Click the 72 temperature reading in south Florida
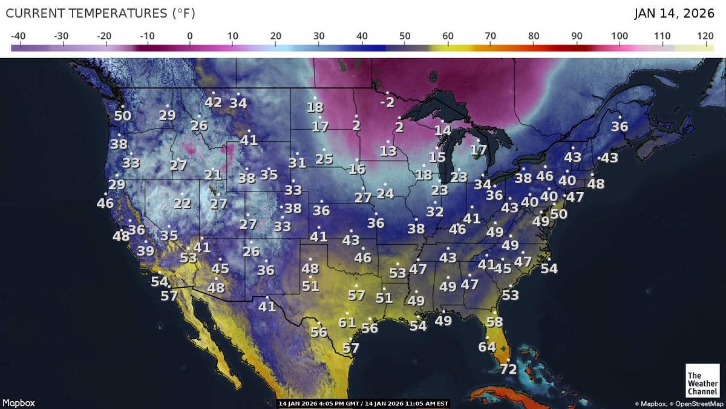click(508, 369)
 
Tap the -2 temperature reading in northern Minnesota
click(387, 102)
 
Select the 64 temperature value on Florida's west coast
click(487, 347)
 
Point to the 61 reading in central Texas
click(347, 322)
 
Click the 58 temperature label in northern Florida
click(495, 322)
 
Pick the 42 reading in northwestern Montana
click(213, 102)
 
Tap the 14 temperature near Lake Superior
click(442, 130)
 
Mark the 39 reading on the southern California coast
click(145, 251)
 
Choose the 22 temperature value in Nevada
click(182, 204)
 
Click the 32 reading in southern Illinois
click(434, 212)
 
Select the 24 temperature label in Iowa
click(385, 194)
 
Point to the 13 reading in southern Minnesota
click(388, 151)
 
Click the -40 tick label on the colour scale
click(18, 36)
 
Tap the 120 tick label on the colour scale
click(705, 36)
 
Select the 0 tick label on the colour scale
click(190, 36)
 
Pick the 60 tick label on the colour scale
click(448, 36)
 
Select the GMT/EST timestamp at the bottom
click(363, 404)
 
